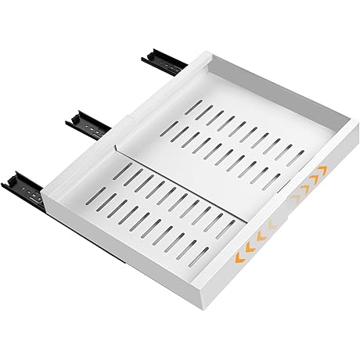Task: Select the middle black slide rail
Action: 88,121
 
